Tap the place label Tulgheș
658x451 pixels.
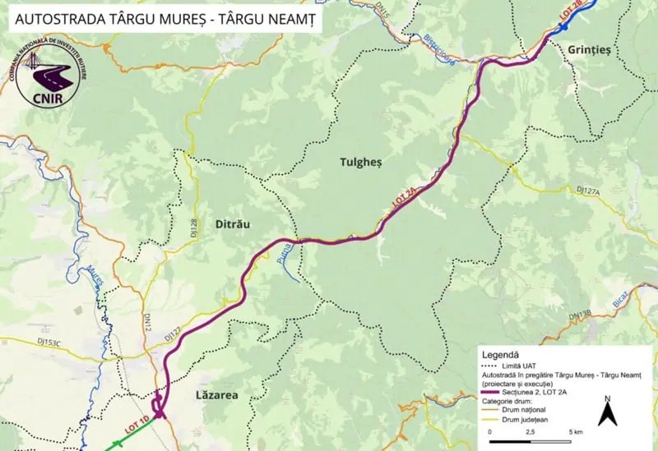click(362, 163)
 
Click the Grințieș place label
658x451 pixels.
click(589, 50)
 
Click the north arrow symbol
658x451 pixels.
click(607, 412)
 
